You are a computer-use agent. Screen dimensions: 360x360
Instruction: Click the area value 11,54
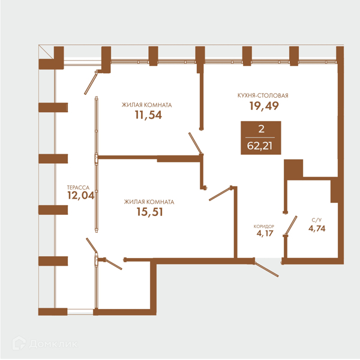click(x=148, y=115)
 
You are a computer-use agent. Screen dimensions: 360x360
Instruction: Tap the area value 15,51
click(x=149, y=212)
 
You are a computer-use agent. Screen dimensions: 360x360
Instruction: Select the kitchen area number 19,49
click(x=264, y=106)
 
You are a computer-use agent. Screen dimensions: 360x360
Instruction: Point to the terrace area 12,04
click(x=81, y=196)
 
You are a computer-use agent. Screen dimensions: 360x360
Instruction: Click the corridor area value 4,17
click(x=265, y=233)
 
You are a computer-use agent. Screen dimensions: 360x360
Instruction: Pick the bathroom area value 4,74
click(x=317, y=229)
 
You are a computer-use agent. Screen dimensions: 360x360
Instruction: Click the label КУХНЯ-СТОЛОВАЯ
click(x=263, y=95)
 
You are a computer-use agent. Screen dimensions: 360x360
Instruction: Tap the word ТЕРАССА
click(x=78, y=188)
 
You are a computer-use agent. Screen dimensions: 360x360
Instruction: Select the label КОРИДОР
click(x=264, y=226)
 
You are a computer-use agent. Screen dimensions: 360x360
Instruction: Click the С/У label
click(x=317, y=220)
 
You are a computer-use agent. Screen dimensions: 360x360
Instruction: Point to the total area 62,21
click(x=260, y=146)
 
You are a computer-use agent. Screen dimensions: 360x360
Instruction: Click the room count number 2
click(x=261, y=129)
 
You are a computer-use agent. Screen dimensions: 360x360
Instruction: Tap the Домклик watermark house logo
click(x=19, y=343)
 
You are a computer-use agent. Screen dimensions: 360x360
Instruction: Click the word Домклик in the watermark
click(x=53, y=344)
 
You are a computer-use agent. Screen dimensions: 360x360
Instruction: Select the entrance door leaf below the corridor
click(x=267, y=269)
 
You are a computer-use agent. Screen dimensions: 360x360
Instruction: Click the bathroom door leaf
click(x=291, y=226)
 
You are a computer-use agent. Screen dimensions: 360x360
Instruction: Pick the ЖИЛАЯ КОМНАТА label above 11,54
click(x=147, y=105)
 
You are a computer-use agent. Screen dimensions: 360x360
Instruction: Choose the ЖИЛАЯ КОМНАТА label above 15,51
click(x=149, y=202)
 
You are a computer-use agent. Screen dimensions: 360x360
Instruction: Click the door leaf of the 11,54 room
click(x=195, y=143)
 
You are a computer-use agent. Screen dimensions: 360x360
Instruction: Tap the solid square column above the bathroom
click(x=293, y=169)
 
